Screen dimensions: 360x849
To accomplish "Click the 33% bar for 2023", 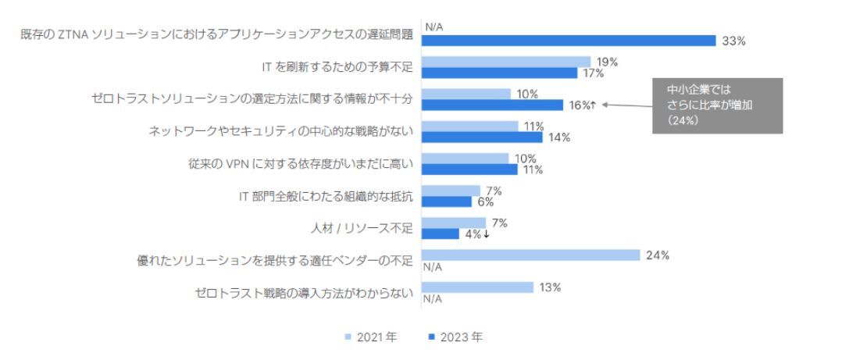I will click(x=568, y=41).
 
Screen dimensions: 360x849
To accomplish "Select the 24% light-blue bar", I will click(x=530, y=255).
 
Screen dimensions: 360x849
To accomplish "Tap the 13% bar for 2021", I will click(x=477, y=287).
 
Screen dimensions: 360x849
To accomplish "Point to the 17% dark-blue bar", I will click(x=500, y=73).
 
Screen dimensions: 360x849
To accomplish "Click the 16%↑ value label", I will click(x=583, y=105).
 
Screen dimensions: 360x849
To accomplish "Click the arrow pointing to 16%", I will click(x=626, y=105).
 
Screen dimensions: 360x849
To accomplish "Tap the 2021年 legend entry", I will click(x=370, y=337).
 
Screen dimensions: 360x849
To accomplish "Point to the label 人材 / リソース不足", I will click(x=362, y=228).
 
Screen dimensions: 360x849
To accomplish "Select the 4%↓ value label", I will click(x=477, y=233).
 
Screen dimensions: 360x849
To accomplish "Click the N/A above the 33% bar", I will click(x=434, y=27).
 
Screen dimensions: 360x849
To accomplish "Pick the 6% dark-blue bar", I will click(x=447, y=201).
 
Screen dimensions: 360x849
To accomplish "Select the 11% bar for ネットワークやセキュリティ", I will click(x=469, y=126).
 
